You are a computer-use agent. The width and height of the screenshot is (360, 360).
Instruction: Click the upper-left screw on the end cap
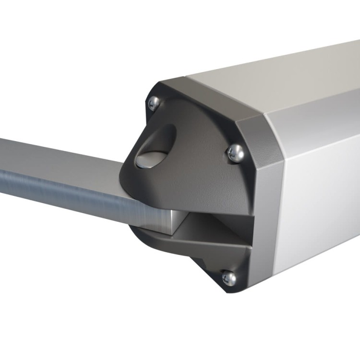click(154, 102)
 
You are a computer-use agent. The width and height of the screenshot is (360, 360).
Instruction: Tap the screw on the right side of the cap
click(235, 153)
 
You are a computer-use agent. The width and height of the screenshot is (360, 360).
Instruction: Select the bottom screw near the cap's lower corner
click(229, 277)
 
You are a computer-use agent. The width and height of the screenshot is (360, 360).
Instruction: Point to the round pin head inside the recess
click(146, 160)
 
